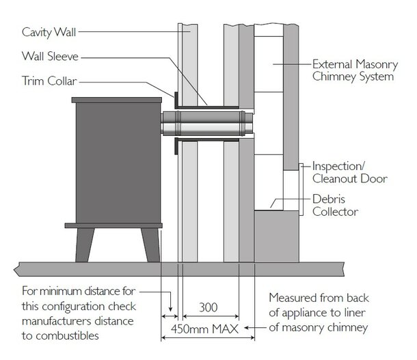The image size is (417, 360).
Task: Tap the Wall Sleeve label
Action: point(47,57)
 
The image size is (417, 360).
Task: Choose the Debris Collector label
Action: point(335,206)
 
